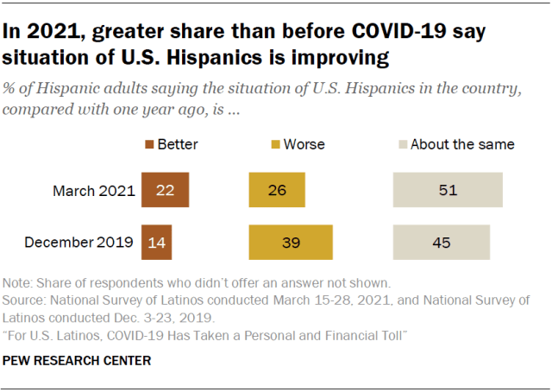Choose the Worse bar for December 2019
[x=291, y=243]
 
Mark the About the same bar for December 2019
[x=441, y=243]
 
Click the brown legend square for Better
[x=148, y=144]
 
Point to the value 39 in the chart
[x=291, y=243]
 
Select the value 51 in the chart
[x=447, y=191]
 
